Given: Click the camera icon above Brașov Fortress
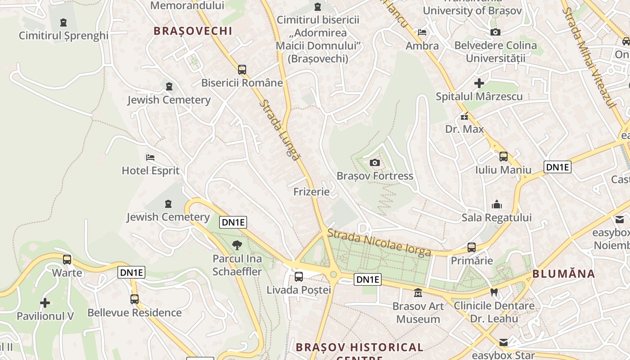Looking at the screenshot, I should click(374, 162).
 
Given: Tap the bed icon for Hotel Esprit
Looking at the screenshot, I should click(150, 157).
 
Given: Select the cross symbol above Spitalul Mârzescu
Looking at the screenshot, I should click(479, 83).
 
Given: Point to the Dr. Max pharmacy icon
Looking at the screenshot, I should click(464, 116).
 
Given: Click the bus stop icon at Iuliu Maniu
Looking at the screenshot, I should click(503, 157).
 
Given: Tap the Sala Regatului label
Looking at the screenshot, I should click(496, 218).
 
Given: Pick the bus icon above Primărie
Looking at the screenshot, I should click(471, 247).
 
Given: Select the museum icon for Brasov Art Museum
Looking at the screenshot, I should click(418, 292).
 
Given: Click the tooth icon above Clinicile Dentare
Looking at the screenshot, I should click(494, 292).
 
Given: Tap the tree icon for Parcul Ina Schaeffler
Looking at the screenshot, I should click(237, 245).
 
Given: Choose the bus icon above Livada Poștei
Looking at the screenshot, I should click(298, 277).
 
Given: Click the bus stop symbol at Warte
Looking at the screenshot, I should click(67, 259).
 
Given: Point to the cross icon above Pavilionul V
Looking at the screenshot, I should click(45, 303).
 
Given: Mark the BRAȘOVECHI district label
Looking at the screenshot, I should click(193, 31).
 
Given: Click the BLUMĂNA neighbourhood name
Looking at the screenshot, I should click(563, 274).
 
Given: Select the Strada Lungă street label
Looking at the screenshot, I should click(279, 130).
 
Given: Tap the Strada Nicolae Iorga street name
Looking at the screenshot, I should click(379, 243).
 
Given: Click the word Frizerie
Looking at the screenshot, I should click(311, 192).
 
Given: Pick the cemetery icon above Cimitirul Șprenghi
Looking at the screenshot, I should click(63, 22).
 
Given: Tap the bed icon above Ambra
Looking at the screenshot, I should click(422, 32).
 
